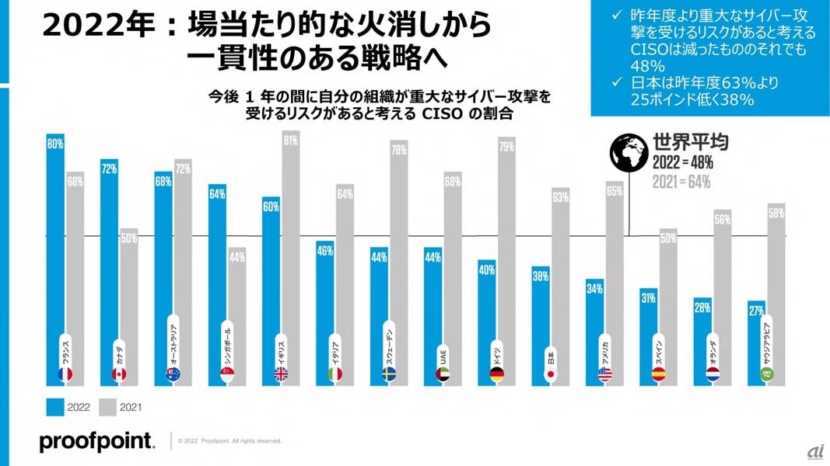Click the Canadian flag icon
[119, 374]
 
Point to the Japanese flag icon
[550, 374]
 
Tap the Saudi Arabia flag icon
[765, 374]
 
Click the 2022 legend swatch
[55, 406]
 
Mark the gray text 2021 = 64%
[682, 183]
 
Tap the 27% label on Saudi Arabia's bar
[755, 311]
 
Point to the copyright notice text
[229, 440]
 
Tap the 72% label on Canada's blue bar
[109, 167]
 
